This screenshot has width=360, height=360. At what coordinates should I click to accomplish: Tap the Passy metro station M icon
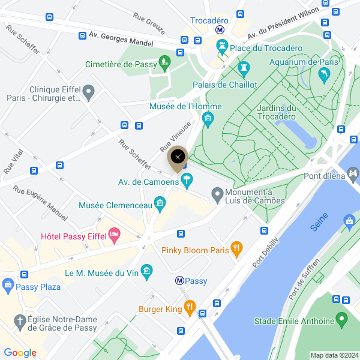coord(179,280)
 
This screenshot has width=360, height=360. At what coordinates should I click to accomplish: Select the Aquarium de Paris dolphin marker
coord(324,76)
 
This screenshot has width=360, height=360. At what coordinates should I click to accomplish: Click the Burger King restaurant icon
coord(190,308)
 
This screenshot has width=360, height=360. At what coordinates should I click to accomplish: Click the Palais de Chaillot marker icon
coord(244,70)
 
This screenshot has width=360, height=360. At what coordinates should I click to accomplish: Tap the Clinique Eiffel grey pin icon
coord(89,92)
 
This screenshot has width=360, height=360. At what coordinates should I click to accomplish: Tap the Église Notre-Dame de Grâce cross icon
coord(20,320)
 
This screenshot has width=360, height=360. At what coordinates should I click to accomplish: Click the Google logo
coord(20,353)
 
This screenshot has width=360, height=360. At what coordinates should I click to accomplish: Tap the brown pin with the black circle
coord(177,158)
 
